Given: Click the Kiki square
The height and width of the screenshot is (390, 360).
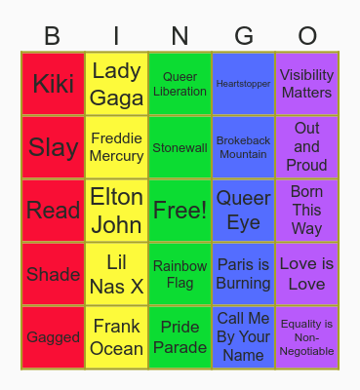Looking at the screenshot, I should pos(53,84).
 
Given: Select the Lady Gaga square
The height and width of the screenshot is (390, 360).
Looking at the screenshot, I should pos(116,84).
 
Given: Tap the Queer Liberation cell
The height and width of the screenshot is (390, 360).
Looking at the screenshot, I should pos(180,84).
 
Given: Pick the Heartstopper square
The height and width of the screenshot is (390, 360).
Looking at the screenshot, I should pos(243,84).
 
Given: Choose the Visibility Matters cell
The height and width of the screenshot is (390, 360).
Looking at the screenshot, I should pos(306,84).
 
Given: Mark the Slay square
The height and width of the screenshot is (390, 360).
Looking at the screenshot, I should pos(53,147).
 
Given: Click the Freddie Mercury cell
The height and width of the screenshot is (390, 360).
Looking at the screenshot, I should pos(116,147).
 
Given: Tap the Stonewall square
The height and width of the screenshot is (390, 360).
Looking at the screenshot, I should pos(180,147).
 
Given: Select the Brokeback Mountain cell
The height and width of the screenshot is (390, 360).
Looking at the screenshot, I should pos(243,147).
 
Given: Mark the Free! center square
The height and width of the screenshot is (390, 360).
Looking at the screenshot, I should pos(180,211).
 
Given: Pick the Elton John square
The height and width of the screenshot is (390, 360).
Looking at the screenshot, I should pos(116,211).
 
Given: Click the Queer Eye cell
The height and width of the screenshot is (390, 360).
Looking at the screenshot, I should pos(243,211).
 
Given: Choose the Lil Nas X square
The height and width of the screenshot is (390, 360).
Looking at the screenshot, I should pos(116,274).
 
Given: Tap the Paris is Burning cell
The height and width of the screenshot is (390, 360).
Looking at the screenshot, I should pos(243,274).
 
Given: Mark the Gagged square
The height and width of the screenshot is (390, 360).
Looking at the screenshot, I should pos(53,337).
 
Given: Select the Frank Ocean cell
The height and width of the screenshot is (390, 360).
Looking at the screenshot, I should pos(116,337).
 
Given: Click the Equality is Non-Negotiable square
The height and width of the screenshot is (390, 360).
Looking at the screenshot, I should pos(306,337).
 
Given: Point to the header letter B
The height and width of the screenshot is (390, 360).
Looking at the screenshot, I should pos(53,36).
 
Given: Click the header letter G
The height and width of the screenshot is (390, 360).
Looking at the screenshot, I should pos(243,36).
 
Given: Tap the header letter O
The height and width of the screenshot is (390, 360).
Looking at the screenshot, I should pos(306,36).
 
